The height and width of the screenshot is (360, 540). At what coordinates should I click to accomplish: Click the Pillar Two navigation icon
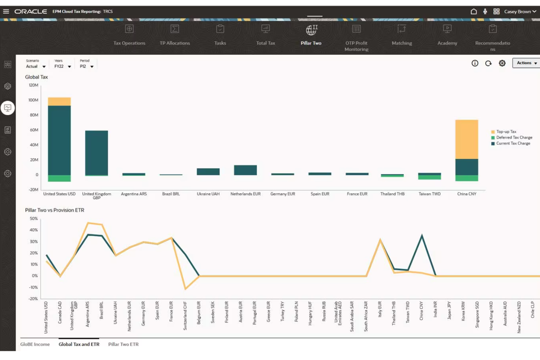311,30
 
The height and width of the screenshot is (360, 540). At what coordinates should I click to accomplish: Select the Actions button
526,63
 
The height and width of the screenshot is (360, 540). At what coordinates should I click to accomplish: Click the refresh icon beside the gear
488,63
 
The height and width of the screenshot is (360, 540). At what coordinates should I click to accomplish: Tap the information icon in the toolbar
475,63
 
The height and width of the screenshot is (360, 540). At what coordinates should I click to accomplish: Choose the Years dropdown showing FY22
62,66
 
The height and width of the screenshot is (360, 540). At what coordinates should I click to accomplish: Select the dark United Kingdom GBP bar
96,153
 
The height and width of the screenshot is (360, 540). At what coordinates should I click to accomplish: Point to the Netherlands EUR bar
245,170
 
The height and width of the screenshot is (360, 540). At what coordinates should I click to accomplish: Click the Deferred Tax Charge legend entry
514,138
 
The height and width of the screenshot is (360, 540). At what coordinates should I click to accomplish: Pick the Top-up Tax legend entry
506,132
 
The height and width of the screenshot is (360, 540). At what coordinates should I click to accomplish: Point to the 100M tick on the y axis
33,100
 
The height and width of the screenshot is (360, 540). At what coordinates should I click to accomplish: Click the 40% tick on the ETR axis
34,230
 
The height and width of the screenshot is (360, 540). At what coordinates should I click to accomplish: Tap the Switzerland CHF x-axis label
185,316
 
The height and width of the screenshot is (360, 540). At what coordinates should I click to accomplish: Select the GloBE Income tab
35,344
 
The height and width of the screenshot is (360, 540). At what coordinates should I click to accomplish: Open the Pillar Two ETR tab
123,344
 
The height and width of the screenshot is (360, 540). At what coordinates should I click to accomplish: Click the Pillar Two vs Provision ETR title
55,210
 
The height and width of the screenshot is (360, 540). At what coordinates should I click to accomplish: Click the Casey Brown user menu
520,12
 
